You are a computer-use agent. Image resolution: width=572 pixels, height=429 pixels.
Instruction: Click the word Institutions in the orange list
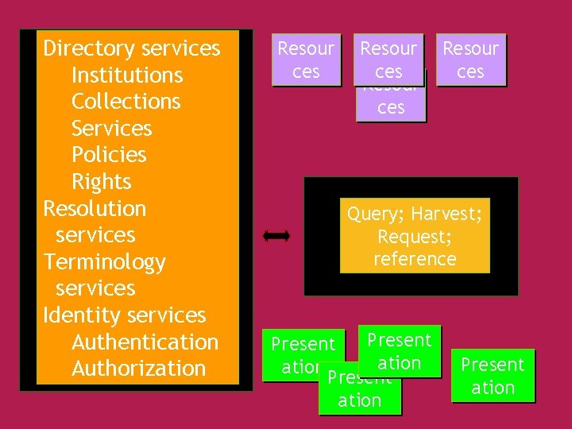(127, 75)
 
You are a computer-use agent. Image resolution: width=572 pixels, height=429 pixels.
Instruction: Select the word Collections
(126, 102)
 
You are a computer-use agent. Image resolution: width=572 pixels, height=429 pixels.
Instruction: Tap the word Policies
(109, 155)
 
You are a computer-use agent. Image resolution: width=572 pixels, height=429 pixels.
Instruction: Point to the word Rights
(101, 182)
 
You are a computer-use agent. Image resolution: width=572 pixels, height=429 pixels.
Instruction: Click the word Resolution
(95, 209)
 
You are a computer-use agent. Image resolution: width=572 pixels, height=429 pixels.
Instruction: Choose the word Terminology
(104, 262)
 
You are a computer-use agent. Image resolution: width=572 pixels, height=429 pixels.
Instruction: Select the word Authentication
(145, 342)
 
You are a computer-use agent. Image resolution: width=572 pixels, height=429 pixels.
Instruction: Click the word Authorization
(138, 369)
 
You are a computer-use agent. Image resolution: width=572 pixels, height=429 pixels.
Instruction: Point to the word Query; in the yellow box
(376, 214)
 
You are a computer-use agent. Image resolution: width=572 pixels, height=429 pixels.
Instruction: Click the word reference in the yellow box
(415, 259)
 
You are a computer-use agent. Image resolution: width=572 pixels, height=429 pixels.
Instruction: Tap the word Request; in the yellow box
(415, 237)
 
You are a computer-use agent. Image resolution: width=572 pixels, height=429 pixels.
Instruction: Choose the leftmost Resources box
(306, 60)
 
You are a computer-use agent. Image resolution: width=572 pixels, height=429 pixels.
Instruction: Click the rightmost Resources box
(470, 60)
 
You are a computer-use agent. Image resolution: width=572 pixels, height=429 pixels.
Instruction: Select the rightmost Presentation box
(493, 376)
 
